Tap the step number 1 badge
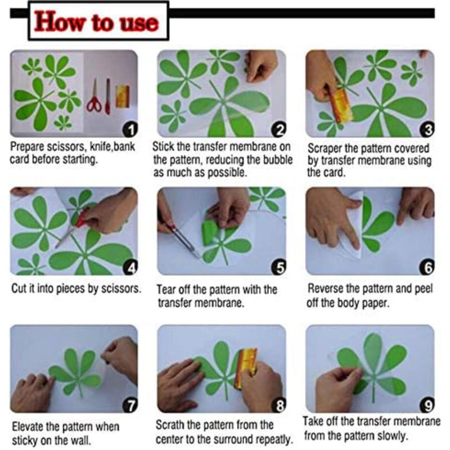[x=130, y=130]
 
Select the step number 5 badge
[x=279, y=268]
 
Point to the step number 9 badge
[x=427, y=405]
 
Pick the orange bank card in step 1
[x=123, y=96]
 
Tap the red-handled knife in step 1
[x=108, y=96]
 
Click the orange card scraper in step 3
[x=341, y=105]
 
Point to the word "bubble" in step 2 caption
[x=278, y=160]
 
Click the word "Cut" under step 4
[x=19, y=289]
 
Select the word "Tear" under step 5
[x=166, y=289]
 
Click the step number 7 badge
[x=130, y=405]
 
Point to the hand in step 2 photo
[x=260, y=65]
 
